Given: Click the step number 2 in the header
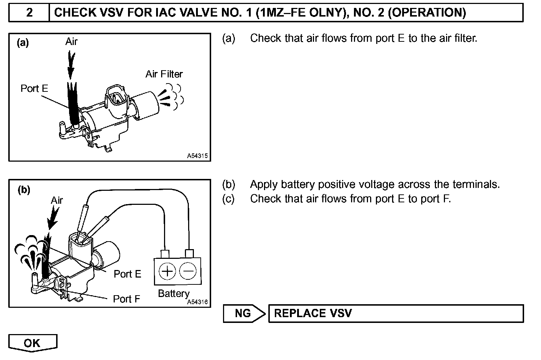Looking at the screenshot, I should point(29,13).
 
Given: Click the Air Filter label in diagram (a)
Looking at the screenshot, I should point(164,74).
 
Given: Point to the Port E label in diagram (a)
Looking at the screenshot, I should point(34,89).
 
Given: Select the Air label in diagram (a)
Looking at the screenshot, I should point(71,42).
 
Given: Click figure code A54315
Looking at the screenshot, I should point(197,156).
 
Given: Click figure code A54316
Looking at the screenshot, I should point(197,302).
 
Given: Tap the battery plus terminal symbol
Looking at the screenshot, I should point(167,271).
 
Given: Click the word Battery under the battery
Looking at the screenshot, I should point(174,294).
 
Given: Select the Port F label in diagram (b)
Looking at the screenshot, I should point(126,299).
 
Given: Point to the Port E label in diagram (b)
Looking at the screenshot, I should point(127,274).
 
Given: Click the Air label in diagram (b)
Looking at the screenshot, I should point(57,201).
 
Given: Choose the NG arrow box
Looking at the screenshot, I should point(244,313).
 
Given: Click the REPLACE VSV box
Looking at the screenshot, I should point(396,313).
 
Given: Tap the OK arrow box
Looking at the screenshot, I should point(32,343).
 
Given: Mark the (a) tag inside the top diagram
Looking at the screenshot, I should point(23,43).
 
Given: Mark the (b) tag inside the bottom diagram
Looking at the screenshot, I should point(24,190).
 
